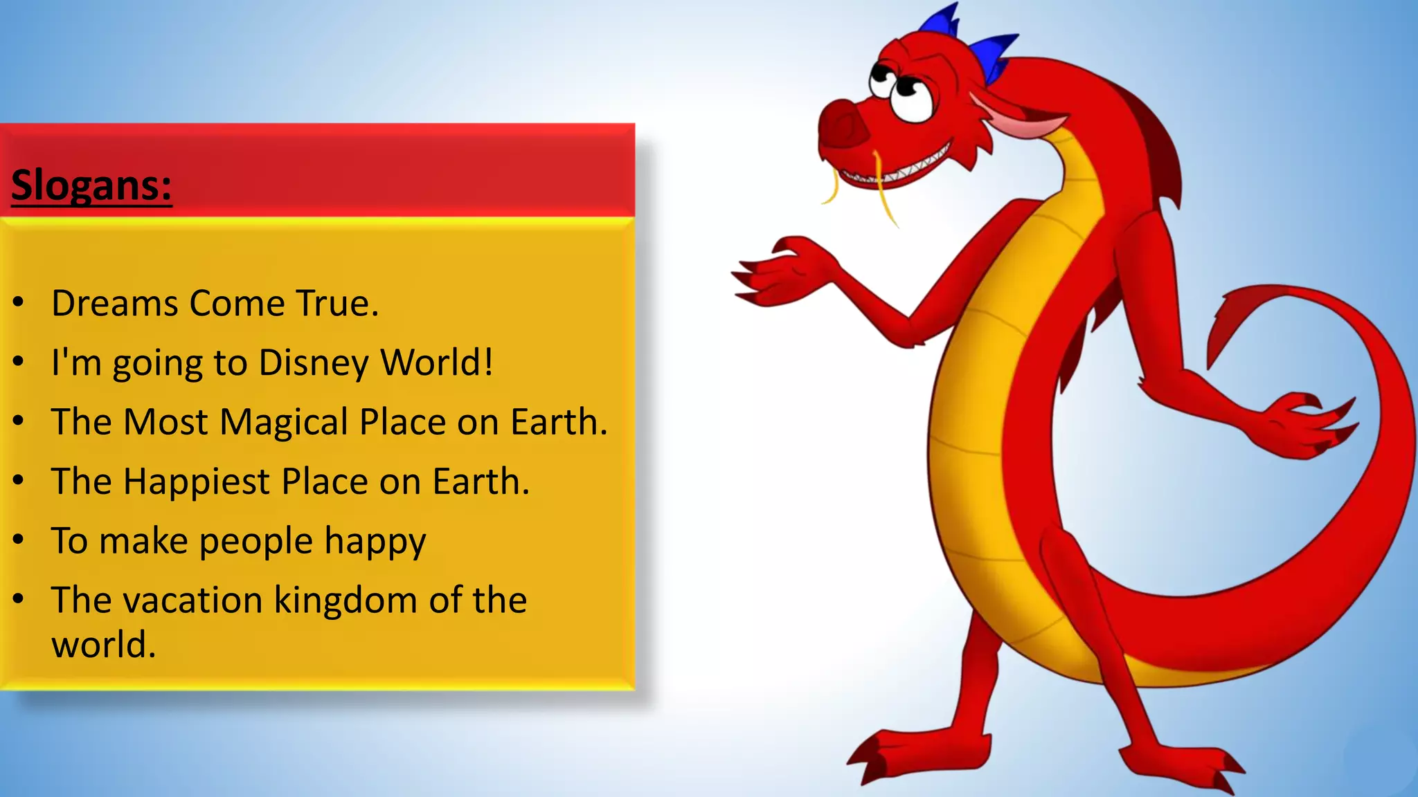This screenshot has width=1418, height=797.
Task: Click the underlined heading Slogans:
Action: tap(91, 185)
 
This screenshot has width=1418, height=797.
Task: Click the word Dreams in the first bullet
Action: tap(114, 303)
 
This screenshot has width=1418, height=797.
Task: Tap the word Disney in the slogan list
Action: tap(314, 363)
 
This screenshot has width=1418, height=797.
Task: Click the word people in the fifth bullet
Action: tap(256, 542)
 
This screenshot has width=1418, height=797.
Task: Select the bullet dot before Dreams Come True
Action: tap(19, 302)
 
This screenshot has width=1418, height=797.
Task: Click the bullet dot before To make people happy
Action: tap(19, 540)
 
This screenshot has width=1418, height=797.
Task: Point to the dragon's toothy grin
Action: tap(900, 170)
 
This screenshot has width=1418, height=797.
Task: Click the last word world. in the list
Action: tap(104, 645)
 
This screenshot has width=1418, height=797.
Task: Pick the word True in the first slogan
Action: tap(337, 303)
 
